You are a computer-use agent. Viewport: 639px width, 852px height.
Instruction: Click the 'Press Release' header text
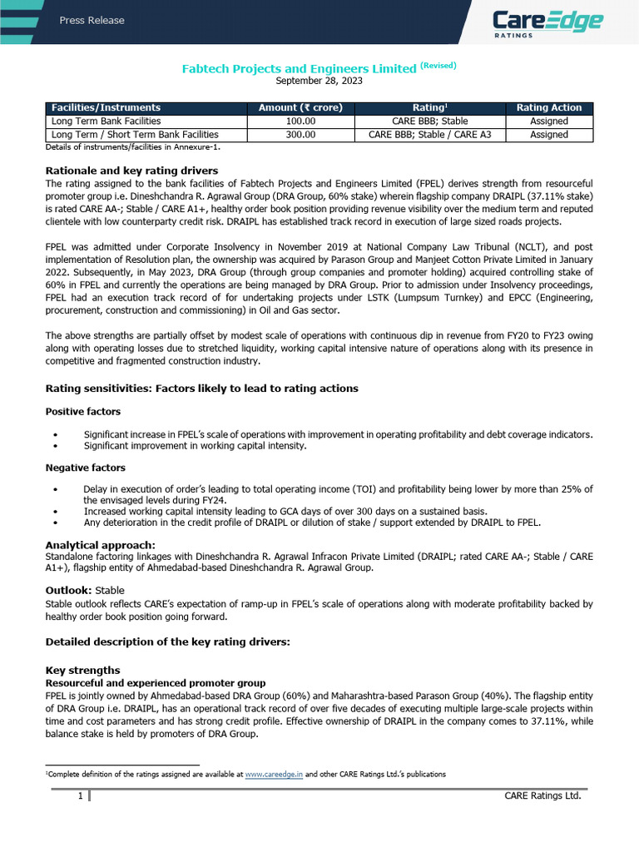pos(92,21)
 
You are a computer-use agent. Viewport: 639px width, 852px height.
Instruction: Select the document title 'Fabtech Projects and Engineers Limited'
pos(299,69)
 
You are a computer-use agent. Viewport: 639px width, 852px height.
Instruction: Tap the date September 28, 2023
pos(319,82)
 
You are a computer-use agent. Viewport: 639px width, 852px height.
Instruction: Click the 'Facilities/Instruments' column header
pos(106,108)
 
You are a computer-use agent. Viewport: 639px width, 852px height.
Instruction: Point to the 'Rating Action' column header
pos(549,108)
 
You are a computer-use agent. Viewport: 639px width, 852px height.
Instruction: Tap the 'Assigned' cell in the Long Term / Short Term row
pos(549,135)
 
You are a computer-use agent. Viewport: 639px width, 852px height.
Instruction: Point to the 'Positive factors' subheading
pos(82,412)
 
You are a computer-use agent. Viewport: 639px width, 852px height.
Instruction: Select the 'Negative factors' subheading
pos(85,468)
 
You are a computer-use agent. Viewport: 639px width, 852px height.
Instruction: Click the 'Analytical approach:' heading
pos(100,545)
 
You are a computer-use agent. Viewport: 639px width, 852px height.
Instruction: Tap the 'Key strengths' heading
pos(82,671)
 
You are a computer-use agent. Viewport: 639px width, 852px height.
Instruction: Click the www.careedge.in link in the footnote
pos(274,774)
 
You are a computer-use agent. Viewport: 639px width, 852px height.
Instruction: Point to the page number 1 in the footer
pos(80,796)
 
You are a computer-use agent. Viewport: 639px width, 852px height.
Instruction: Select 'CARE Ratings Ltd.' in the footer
pos(542,796)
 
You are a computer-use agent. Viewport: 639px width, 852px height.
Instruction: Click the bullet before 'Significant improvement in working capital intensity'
pos(55,446)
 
